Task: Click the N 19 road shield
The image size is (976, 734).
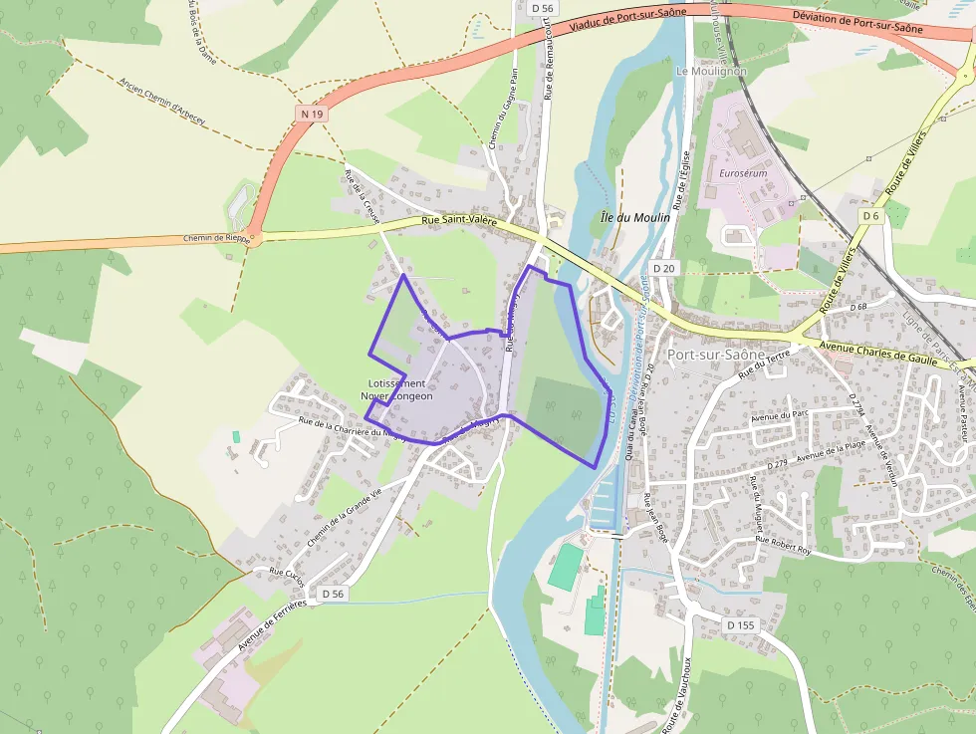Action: (x=312, y=115)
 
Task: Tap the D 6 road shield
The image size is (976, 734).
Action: (x=871, y=216)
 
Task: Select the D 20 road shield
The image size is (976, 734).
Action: (x=664, y=269)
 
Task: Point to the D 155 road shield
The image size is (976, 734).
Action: (x=740, y=624)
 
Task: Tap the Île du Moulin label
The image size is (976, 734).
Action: (x=634, y=217)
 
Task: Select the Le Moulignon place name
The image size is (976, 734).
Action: (x=711, y=72)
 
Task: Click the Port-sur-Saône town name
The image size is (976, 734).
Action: (x=717, y=355)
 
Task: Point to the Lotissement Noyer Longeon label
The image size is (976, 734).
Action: (x=397, y=389)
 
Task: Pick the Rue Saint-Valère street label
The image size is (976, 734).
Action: (x=459, y=221)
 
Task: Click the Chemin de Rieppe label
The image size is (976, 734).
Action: (x=217, y=238)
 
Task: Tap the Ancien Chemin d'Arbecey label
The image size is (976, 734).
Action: (x=161, y=103)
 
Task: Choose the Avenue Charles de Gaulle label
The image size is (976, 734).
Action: (x=878, y=354)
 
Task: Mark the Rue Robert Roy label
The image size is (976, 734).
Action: (x=784, y=543)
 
